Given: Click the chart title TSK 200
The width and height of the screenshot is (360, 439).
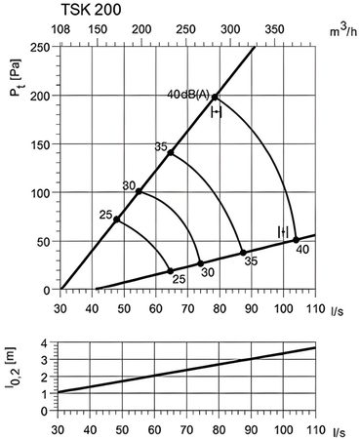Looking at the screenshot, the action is (x=91, y=10).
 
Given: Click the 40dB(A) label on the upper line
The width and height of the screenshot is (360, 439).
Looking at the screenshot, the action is (x=188, y=95).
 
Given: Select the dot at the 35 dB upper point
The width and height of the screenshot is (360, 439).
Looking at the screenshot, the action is (x=171, y=152).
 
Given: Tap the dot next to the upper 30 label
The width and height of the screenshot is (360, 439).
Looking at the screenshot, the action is (x=139, y=191).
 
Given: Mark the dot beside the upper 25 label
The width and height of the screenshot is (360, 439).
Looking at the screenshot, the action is (x=116, y=219).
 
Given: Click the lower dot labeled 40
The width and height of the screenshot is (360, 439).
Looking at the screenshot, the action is (x=296, y=240).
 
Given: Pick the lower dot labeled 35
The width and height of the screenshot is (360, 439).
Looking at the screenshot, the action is (x=243, y=253).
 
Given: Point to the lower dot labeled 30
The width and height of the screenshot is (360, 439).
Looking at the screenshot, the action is (x=201, y=263).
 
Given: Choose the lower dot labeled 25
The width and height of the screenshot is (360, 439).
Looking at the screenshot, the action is (x=171, y=271).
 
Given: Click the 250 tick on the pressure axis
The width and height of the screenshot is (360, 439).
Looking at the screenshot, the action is (x=40, y=47).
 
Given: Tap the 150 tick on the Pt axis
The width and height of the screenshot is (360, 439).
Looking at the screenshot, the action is (x=40, y=144).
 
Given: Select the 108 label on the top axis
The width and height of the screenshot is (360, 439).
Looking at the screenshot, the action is (x=60, y=29).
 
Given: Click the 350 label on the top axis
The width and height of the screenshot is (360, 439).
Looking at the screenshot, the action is (x=274, y=29).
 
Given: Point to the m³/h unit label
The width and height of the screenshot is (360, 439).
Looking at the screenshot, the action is (x=343, y=30).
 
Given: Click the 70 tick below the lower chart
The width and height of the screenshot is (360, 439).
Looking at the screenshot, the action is (x=187, y=430).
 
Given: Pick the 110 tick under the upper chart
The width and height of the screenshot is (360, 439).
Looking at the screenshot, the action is (x=315, y=308).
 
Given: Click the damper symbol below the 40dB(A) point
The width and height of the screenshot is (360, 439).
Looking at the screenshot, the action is (x=217, y=112).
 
